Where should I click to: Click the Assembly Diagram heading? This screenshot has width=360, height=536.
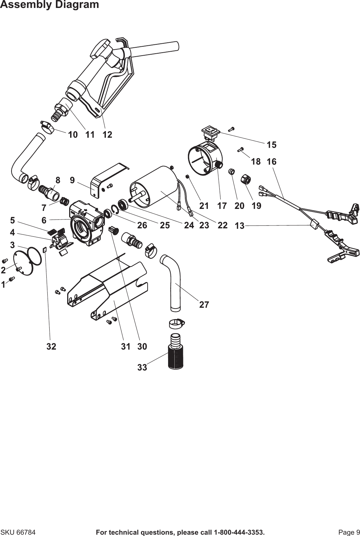[49, 5]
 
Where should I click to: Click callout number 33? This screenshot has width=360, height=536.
[142, 367]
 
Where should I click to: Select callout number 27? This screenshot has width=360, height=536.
[204, 305]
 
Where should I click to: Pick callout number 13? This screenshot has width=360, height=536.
[240, 226]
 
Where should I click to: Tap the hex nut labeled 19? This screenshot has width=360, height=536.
[247, 179]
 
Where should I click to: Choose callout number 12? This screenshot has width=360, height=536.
[107, 135]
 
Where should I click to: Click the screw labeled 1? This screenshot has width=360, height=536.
[12, 280]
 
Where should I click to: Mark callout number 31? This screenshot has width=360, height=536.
[125, 347]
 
